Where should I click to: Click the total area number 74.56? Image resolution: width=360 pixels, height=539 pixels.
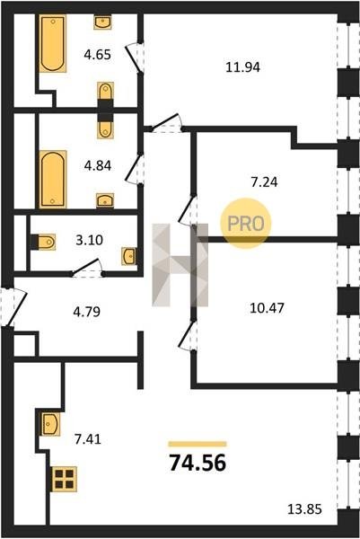[x=198, y=463]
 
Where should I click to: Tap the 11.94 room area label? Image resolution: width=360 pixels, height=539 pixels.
[x=243, y=67]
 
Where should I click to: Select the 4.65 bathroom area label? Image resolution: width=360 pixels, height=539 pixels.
[x=98, y=55]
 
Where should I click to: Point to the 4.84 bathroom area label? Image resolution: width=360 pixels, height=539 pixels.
[x=98, y=166]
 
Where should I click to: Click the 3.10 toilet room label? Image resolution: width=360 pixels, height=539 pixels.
[x=89, y=240]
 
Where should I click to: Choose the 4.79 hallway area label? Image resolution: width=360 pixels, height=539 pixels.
[x=87, y=312]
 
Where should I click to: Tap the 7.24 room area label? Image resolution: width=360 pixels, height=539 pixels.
[x=265, y=181]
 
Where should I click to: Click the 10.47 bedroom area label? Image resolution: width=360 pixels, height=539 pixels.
[x=267, y=308]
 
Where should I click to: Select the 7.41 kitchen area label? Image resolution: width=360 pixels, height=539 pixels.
[x=88, y=439]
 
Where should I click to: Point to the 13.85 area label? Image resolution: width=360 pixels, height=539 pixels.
[x=304, y=508]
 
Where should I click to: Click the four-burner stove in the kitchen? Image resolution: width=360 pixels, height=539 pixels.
[x=65, y=479]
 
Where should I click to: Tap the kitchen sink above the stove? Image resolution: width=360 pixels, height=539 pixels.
[x=51, y=423]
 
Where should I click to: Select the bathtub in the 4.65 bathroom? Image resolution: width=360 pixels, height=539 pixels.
[x=53, y=43]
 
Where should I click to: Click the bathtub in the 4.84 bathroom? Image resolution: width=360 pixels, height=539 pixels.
[x=53, y=179]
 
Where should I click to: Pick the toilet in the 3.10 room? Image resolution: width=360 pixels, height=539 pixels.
[x=44, y=242]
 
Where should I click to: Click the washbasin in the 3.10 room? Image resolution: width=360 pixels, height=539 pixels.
[x=128, y=256]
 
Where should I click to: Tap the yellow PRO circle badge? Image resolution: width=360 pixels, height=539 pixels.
[x=246, y=224]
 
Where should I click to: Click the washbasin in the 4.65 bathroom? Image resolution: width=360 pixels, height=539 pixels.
[x=102, y=22]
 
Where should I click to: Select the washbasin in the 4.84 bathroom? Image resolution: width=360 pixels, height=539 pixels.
[x=105, y=200]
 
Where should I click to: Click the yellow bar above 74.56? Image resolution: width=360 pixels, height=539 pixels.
[x=198, y=444]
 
